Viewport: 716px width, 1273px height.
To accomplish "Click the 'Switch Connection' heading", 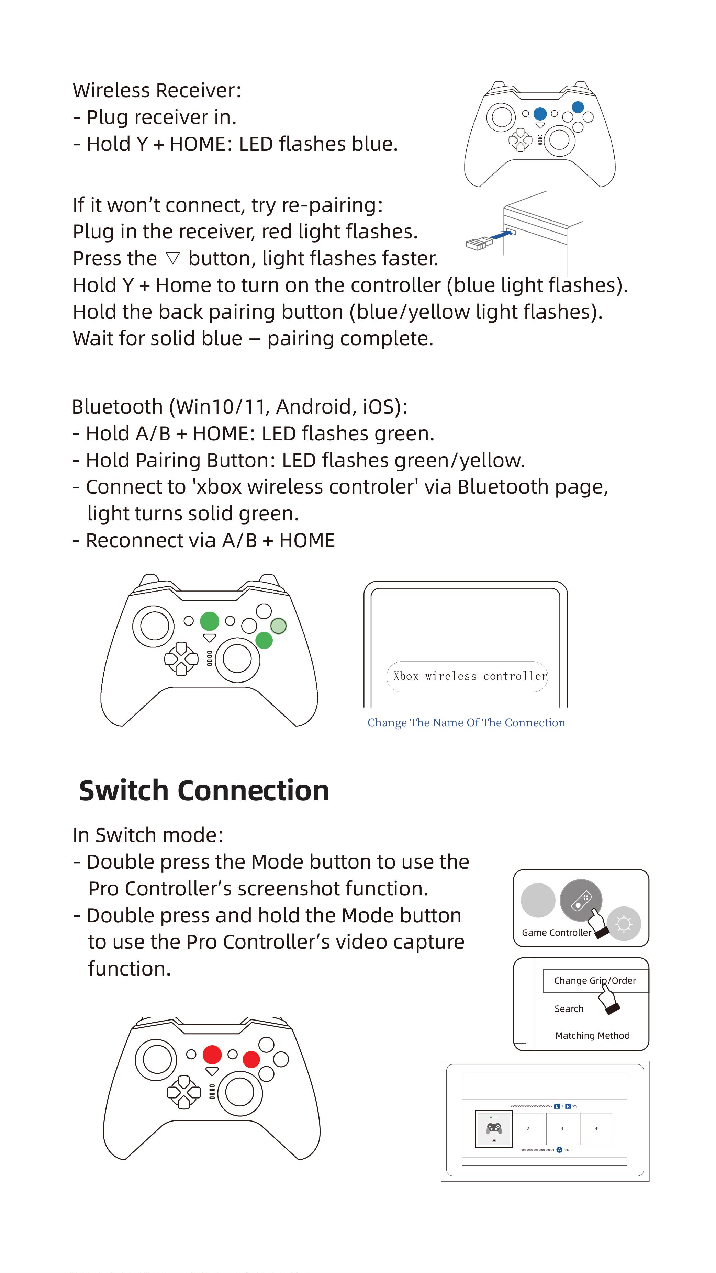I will (x=204, y=791).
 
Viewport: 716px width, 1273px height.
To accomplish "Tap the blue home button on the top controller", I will (x=540, y=114).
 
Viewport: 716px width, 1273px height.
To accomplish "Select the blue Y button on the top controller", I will (x=578, y=107).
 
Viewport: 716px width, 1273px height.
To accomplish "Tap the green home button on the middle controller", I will (x=210, y=621).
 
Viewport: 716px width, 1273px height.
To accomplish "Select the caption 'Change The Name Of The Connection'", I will (x=466, y=722).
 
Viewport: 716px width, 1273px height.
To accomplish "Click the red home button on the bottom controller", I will (x=212, y=1055).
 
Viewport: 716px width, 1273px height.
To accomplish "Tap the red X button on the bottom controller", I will (x=251, y=1059).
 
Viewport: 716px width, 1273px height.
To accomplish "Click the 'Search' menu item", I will (x=569, y=1009).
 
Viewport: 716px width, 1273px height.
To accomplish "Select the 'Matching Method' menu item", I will (x=592, y=1035).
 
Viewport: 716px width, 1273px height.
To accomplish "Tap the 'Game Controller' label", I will (x=556, y=933).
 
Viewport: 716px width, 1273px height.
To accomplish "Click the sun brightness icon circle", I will (x=624, y=924).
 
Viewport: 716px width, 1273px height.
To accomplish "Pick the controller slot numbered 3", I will (x=561, y=1129).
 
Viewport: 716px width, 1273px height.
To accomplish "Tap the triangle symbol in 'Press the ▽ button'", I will (x=172, y=258).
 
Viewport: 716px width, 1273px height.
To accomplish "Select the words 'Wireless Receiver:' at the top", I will (x=157, y=90).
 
